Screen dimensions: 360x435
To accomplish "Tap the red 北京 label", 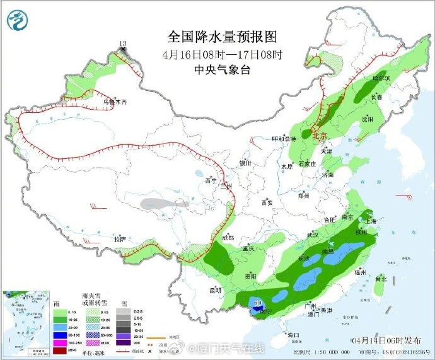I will (320, 135).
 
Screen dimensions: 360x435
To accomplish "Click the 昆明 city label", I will (216, 291).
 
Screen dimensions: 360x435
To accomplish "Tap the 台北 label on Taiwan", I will (381, 278).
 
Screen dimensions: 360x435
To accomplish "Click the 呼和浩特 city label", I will (284, 139).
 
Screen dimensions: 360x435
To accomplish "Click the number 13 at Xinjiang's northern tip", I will (123, 43).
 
